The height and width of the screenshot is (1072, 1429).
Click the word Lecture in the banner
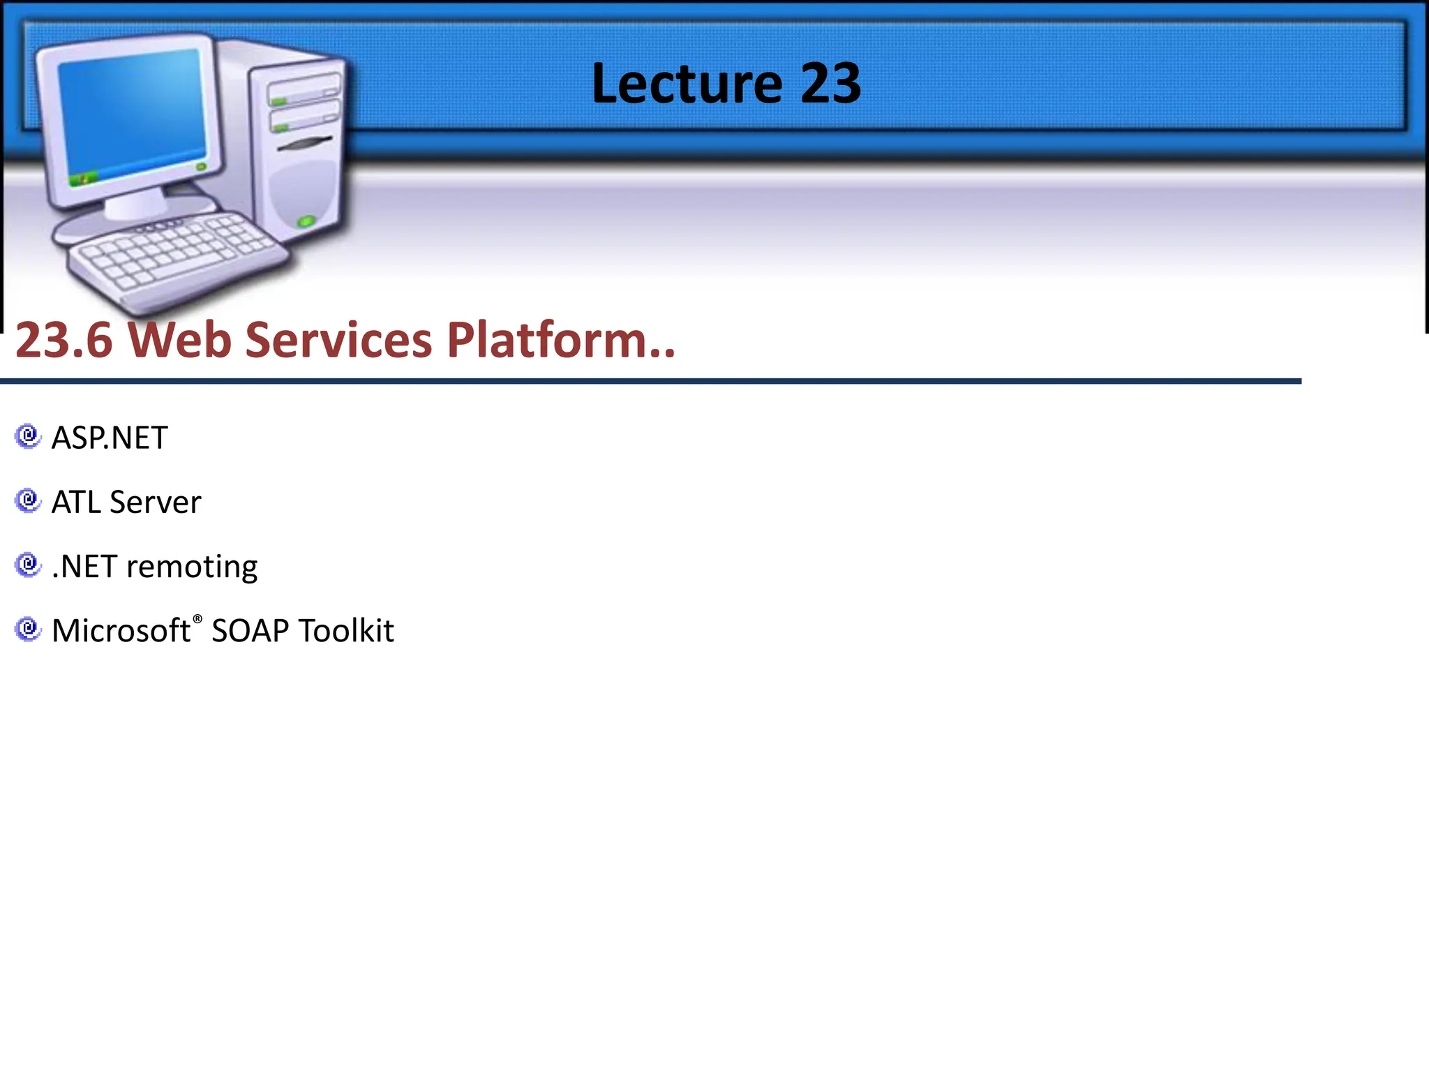[x=687, y=84]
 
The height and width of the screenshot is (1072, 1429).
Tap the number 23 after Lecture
[x=830, y=84]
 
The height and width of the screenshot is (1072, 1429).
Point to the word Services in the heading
[x=339, y=341]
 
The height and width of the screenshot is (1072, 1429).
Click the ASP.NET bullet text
[x=110, y=438]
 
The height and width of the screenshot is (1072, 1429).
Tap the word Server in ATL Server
[x=155, y=502]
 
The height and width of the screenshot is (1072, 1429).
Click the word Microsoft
[x=121, y=631]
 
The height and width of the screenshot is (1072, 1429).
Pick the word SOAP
[x=250, y=631]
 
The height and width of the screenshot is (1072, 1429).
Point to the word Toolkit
[x=347, y=631]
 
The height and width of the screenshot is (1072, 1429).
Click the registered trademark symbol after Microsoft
[x=197, y=619]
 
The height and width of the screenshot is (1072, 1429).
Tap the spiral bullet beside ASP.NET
[x=28, y=436]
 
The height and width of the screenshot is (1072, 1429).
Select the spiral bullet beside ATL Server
[x=28, y=500]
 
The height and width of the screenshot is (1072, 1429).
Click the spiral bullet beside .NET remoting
[x=28, y=565]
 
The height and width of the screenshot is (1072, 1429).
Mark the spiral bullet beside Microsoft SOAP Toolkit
[x=28, y=629]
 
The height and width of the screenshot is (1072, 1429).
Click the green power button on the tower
[x=306, y=222]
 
